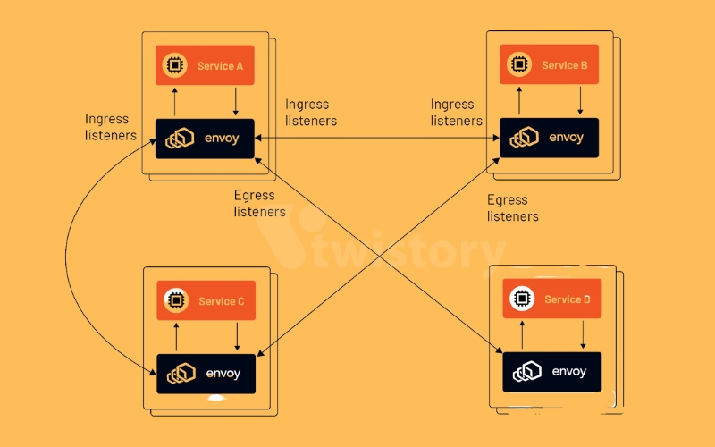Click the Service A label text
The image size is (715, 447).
tap(220, 66)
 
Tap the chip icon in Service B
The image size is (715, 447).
tap(519, 64)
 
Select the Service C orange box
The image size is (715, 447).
tap(206, 300)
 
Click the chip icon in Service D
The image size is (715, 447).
tap(522, 299)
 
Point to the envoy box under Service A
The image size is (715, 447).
tap(205, 139)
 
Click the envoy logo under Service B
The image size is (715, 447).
tap(525, 137)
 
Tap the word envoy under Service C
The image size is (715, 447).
tap(223, 374)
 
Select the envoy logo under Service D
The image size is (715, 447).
tap(527, 371)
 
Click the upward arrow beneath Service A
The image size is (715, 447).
tap(174, 102)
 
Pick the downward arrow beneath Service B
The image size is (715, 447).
tap(580, 100)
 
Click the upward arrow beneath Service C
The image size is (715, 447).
tap(176, 337)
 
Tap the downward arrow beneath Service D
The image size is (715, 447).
tap(583, 334)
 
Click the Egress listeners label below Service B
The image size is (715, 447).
tap(512, 208)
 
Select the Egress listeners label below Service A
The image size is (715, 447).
tap(259, 204)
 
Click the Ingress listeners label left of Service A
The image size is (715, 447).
tap(110, 127)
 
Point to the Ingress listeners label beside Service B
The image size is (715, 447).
tap(456, 113)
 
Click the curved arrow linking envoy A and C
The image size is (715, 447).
tap(66, 257)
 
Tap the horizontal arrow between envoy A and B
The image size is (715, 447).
tap(377, 138)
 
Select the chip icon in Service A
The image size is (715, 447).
tap(174, 65)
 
